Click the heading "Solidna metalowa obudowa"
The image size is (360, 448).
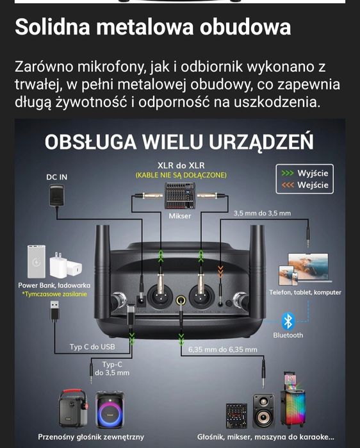(152, 27)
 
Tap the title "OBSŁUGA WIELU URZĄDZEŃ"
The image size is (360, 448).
(179, 140)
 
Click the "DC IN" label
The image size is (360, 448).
(56, 177)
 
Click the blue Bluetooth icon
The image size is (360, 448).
(288, 320)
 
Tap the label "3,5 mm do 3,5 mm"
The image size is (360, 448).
(262, 213)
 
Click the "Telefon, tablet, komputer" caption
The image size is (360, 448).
(305, 292)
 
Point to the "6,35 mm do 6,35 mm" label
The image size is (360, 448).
(222, 349)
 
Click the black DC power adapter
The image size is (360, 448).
(56, 195)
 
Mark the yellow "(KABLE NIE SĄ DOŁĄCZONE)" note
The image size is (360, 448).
(181, 175)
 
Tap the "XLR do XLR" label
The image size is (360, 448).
(181, 165)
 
